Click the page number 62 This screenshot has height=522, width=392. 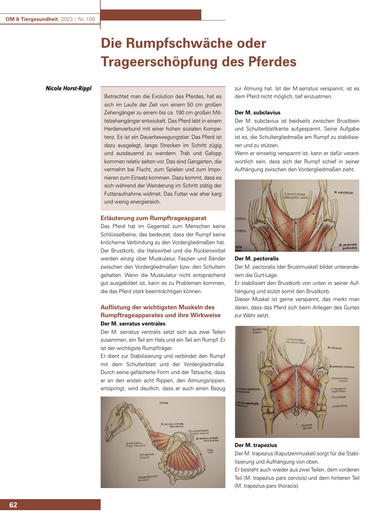13,505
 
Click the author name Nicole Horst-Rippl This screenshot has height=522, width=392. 68,88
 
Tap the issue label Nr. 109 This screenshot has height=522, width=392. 86,19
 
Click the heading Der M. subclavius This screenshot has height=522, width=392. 257,112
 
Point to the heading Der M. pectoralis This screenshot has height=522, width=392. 257,258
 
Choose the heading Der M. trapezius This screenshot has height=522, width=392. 256,445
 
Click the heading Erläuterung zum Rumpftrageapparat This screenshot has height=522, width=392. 153,218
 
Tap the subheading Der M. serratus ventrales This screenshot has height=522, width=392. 133,324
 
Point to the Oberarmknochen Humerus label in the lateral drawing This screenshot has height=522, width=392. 148,478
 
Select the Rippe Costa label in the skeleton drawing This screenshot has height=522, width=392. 210,451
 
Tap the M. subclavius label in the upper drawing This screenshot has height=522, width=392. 343,193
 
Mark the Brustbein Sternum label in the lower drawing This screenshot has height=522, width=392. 307,427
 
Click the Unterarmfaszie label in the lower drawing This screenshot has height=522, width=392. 339,406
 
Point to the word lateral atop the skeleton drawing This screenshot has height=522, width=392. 163,403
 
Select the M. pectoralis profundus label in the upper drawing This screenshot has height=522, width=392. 348,246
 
